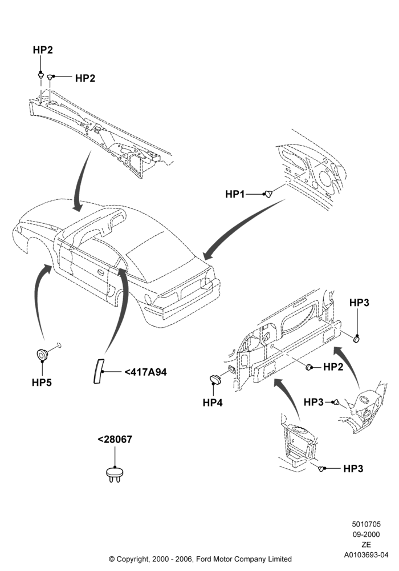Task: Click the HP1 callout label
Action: pos(235,194)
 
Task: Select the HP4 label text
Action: pos(213,403)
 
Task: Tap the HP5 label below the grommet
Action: pos(42,383)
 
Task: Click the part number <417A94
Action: pos(146,372)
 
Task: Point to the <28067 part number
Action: pos(115,439)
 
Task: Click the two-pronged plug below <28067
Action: pos(115,475)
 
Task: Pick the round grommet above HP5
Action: pos(43,354)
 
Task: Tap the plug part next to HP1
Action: pos(268,194)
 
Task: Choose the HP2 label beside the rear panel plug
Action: pos(333,367)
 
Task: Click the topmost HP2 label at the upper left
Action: pos(43,50)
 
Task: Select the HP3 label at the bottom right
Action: pos(353,468)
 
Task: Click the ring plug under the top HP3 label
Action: pos(357,339)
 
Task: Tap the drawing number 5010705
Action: pos(367,524)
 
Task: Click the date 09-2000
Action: pos(367,534)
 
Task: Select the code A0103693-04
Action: pos(367,555)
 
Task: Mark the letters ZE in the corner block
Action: pos(367,545)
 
